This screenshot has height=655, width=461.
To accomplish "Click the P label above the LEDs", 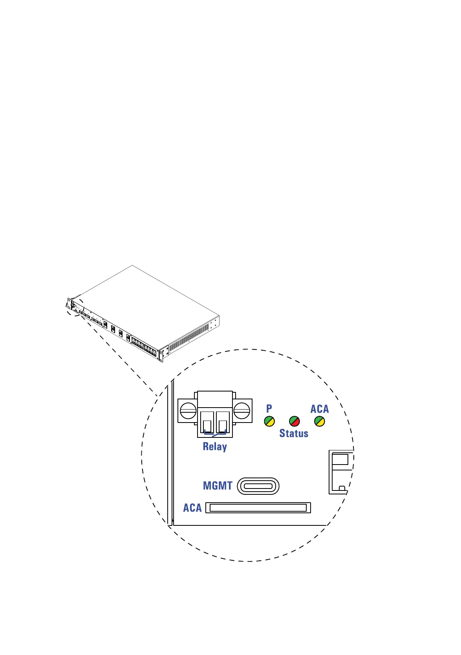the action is (x=269, y=408).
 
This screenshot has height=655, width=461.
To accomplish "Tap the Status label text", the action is (x=294, y=434).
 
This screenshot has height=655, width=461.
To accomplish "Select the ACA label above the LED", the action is (x=320, y=409).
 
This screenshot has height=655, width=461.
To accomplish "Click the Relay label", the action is (x=215, y=447).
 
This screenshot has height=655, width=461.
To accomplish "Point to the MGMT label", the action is (x=218, y=486).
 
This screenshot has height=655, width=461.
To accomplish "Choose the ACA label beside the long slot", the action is (x=192, y=508).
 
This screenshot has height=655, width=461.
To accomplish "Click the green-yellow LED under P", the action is (x=269, y=421).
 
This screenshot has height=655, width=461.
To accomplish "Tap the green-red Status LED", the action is (x=295, y=421).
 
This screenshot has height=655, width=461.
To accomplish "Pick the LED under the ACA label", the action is (x=320, y=421).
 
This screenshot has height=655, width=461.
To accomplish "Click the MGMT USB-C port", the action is (x=258, y=486).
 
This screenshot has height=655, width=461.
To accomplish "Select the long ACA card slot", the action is (x=258, y=508).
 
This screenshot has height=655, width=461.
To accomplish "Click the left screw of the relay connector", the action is (x=188, y=411).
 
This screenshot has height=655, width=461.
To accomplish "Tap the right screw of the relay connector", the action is (x=242, y=411).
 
